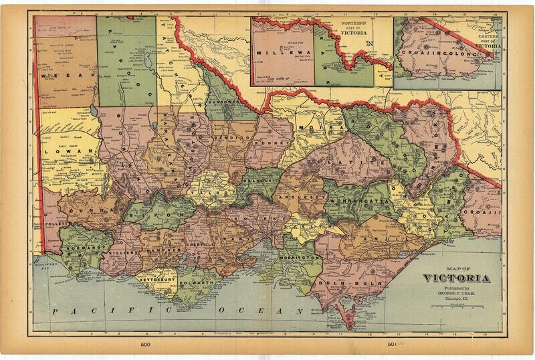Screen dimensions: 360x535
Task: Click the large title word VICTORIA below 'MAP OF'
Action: click(x=457, y=278)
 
